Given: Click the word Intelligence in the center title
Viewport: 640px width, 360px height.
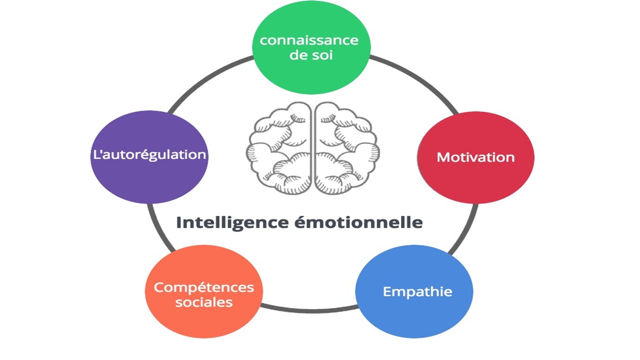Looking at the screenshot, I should click(231, 222).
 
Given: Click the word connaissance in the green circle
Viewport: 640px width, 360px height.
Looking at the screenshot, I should click(309, 40).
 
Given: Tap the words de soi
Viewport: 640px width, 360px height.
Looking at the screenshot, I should click(311, 54).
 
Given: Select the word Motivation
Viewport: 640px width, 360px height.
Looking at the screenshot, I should click(475, 157).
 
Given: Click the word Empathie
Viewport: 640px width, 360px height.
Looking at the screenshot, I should click(417, 291).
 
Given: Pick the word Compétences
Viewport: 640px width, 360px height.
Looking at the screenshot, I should click(204, 287).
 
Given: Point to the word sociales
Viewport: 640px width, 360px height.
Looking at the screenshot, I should click(204, 302).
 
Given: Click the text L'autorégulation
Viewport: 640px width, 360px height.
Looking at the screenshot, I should click(149, 154).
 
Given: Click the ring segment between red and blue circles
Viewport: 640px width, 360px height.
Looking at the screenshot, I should click(462, 230).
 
